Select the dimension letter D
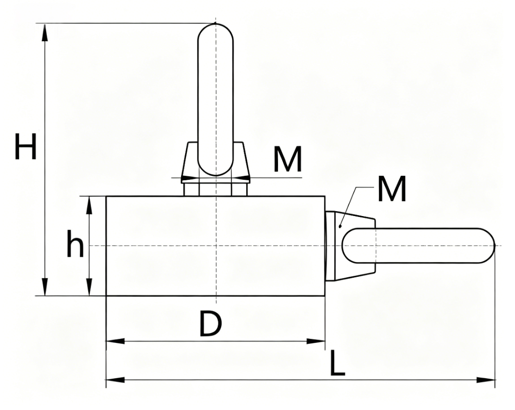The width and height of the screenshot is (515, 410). tap(211, 324)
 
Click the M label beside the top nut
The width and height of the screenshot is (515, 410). tap(288, 159)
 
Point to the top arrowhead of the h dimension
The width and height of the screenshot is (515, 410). tap(89, 205)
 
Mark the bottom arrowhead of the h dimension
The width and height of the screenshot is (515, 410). tap(89, 287)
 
